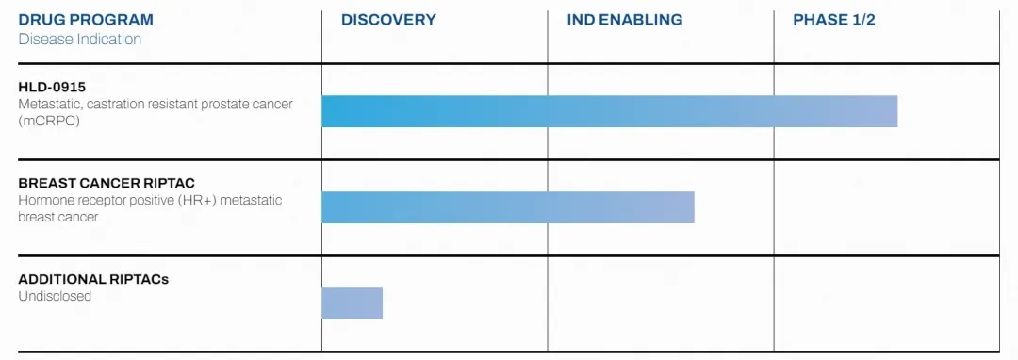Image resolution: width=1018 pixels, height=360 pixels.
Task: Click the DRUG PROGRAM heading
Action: click(x=86, y=20)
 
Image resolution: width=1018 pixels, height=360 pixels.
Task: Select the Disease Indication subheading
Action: click(x=80, y=39)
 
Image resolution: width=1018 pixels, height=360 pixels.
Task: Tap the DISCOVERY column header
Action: click(x=389, y=20)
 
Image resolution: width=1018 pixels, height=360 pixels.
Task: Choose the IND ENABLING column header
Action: click(x=625, y=20)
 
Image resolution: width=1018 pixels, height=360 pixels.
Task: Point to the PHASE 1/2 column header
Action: click(x=834, y=20)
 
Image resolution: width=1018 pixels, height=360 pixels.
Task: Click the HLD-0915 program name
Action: click(x=52, y=88)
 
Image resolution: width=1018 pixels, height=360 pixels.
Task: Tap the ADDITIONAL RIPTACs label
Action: click(x=93, y=280)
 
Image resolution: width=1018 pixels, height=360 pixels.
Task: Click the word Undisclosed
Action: click(x=55, y=297)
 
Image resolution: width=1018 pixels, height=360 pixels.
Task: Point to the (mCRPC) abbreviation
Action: click(x=49, y=122)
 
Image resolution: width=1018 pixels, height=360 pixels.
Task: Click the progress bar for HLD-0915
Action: click(x=610, y=111)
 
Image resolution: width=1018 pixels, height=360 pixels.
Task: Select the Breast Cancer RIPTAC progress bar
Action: click(x=508, y=207)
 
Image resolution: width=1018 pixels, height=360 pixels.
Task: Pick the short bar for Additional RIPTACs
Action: click(x=353, y=303)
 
